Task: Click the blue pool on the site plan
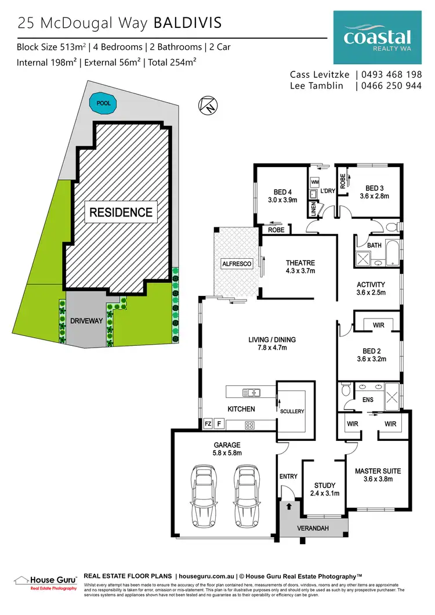(x=103, y=105)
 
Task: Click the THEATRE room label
(x=300, y=263)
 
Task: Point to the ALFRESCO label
(x=236, y=264)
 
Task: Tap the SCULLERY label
(x=292, y=411)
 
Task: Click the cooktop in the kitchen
(x=251, y=424)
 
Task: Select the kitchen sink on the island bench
(x=252, y=393)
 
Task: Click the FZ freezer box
(x=208, y=424)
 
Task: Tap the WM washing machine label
(x=316, y=181)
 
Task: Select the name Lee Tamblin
(x=318, y=86)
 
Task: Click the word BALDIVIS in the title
(x=187, y=23)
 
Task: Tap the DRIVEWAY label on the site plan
(x=86, y=320)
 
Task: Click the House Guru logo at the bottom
(x=46, y=581)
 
